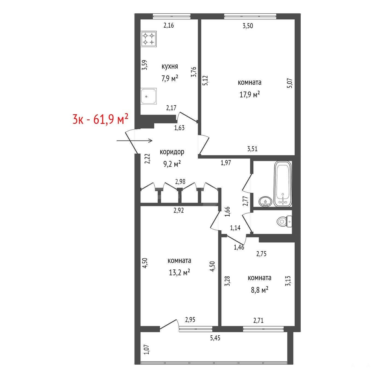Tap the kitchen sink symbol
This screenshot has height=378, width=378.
pos(149,96)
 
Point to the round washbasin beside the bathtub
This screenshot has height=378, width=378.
pos(265,201)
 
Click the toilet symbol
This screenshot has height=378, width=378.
pos(284,222)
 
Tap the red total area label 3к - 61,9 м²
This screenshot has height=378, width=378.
pos(100,119)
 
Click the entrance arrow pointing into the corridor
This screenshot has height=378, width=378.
pos(134,141)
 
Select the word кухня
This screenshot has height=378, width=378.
pos(170,66)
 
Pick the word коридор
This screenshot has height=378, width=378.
pos(172,152)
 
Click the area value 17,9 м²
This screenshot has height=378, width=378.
pos(250,95)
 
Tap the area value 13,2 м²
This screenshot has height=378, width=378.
pos(179,272)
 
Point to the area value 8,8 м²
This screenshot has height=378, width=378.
pos(260,290)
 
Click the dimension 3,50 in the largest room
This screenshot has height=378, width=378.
pos(248,26)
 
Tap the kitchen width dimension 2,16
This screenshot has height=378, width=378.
pos(169,25)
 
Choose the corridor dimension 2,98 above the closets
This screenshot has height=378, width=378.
pos(180,181)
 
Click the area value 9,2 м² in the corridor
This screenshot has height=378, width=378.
pos(172,164)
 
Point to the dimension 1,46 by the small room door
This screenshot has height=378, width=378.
pos(239,247)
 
